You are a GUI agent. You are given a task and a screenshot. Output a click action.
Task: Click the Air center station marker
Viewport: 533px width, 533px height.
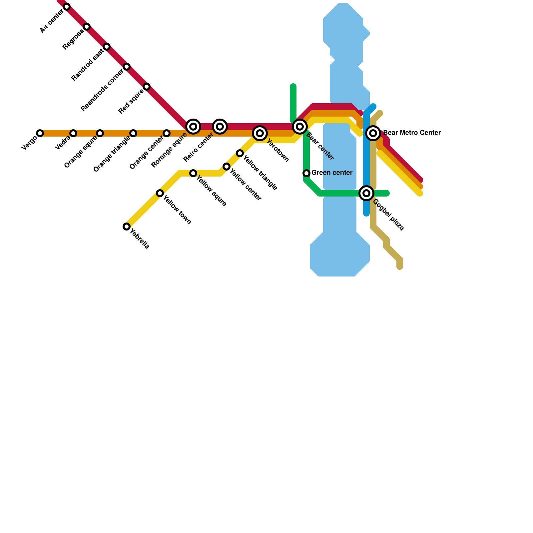[x=67, y=7]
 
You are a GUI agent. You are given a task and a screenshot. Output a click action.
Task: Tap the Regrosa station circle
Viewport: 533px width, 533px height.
[x=87, y=27]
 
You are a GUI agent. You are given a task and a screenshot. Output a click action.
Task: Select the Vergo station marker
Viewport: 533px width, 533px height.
[x=40, y=133]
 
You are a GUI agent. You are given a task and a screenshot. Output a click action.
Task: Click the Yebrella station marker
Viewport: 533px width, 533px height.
[x=127, y=227]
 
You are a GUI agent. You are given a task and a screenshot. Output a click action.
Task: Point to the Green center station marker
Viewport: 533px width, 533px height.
[x=306, y=173]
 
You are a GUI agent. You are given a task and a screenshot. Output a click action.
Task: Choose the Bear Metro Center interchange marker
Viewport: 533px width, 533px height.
[x=373, y=133]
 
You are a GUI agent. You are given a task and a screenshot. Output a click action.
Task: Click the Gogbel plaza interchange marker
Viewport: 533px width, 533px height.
[x=366, y=193]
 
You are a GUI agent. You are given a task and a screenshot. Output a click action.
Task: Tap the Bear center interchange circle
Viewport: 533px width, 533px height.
[x=300, y=127]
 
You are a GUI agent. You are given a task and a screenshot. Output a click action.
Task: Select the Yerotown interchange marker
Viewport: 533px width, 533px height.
[x=260, y=133]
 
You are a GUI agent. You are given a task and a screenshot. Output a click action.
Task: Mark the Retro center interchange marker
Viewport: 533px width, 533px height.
[x=220, y=127]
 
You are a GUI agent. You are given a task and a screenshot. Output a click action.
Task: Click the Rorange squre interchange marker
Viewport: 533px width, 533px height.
[x=193, y=127]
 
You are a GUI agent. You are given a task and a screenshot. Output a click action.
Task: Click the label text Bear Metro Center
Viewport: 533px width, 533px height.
[x=412, y=133]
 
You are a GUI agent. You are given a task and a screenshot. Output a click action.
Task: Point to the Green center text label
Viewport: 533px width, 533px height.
[x=332, y=173]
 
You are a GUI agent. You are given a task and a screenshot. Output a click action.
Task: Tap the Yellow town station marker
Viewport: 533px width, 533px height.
[x=160, y=193]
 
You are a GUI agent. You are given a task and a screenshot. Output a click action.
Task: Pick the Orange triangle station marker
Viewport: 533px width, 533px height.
[x=133, y=133]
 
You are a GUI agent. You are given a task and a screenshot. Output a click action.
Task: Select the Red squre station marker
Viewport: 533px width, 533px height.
[x=147, y=87]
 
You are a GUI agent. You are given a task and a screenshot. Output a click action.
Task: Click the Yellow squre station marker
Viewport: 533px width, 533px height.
[x=193, y=173]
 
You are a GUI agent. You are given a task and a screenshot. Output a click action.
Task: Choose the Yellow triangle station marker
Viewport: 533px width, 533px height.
[x=240, y=153]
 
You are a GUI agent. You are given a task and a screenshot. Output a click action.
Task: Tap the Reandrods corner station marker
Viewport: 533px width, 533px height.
[x=127, y=67]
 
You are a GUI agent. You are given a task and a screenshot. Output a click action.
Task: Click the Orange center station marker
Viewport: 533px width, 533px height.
[x=167, y=133]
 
